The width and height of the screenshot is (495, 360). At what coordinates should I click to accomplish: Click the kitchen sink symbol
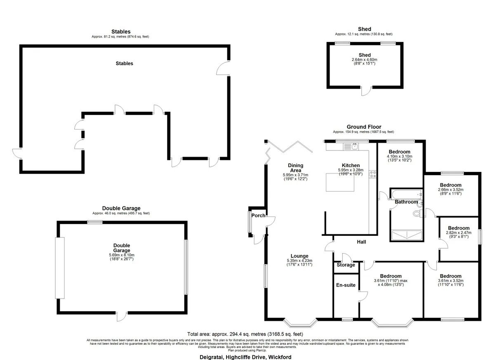click(351, 146)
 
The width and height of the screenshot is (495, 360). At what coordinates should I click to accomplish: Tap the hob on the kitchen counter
click(372, 174)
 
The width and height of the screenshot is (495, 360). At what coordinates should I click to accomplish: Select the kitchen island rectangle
click(340, 182)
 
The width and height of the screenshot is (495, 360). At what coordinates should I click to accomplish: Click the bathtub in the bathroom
click(406, 194)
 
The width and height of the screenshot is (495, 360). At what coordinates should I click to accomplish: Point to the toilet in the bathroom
click(417, 214)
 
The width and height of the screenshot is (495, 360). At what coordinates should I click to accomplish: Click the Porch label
click(258, 216)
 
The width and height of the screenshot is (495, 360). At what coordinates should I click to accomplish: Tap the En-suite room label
click(346, 285)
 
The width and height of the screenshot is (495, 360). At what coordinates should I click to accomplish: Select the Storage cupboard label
click(346, 265)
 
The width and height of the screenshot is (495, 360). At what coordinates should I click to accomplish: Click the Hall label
click(361, 242)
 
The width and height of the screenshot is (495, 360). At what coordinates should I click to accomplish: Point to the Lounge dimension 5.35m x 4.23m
click(299, 261)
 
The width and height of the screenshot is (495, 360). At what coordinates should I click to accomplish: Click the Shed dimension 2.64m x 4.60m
click(364, 60)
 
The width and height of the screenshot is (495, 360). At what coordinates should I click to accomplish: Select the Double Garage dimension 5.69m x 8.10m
click(122, 255)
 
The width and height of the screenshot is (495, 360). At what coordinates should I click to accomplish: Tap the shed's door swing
click(367, 91)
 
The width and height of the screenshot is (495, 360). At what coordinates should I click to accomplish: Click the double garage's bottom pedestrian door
click(122, 316)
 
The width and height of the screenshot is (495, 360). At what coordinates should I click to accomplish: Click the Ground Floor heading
click(364, 127)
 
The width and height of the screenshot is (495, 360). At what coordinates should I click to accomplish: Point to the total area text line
click(245, 334)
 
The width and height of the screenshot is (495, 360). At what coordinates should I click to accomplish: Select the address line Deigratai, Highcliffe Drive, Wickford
click(245, 357)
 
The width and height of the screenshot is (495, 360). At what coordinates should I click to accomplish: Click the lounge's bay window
click(300, 322)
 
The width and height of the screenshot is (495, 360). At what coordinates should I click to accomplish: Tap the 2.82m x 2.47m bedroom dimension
click(459, 233)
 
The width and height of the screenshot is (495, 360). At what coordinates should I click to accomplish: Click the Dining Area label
click(295, 168)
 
